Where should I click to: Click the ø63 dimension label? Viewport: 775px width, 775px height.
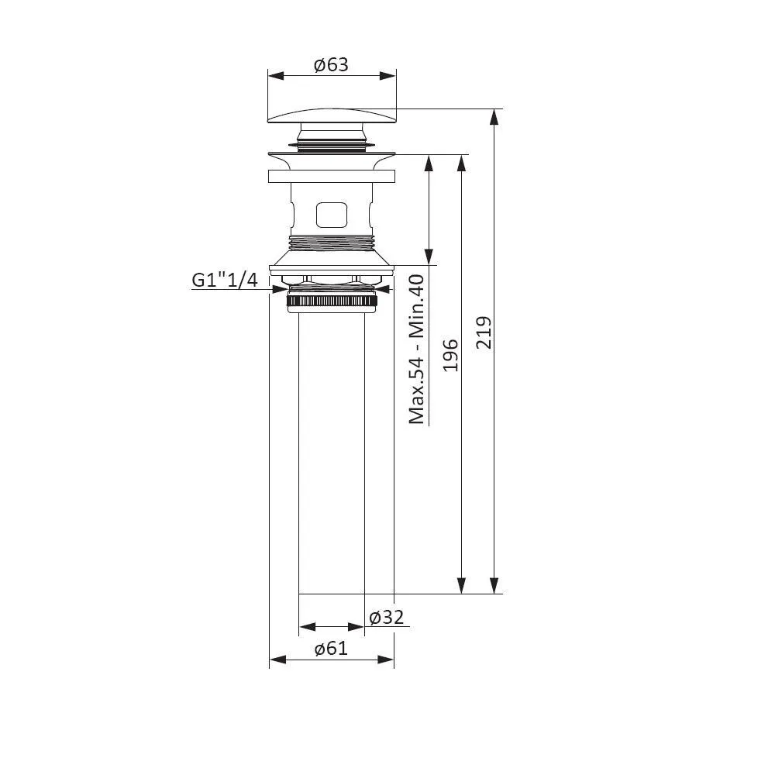tap(331, 65)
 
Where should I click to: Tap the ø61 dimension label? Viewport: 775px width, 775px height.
tap(331, 648)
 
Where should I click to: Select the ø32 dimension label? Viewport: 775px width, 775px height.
tap(387, 617)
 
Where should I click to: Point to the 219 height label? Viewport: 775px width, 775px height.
tap(484, 332)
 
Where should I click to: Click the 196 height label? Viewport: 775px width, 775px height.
tap(450, 356)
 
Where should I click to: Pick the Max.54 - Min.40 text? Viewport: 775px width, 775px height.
tap(417, 349)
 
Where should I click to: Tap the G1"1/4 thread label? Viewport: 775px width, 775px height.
tap(225, 281)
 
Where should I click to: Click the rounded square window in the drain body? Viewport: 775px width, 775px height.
tap(332, 215)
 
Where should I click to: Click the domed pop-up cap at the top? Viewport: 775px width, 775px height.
tap(332, 115)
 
